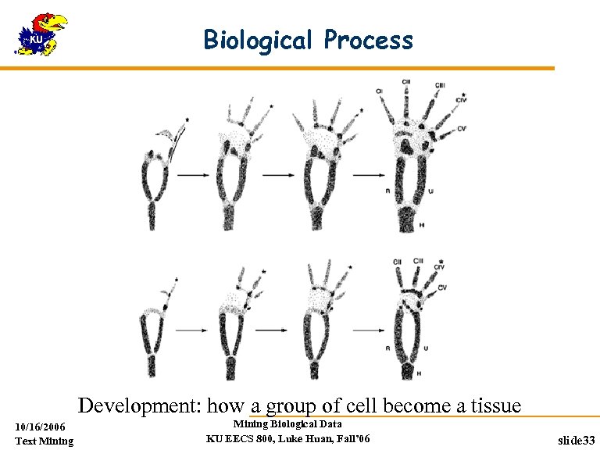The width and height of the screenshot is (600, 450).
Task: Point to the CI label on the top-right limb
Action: [x=379, y=92]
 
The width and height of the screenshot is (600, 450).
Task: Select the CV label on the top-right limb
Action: [x=462, y=129]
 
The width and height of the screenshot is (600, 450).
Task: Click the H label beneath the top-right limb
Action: [x=422, y=225]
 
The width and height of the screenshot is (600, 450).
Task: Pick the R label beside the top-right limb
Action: [x=388, y=190]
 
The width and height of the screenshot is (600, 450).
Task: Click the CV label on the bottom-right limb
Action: [x=442, y=288]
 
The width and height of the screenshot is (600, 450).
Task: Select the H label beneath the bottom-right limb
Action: [x=419, y=374]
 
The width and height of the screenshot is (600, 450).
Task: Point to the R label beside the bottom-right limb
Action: [x=388, y=347]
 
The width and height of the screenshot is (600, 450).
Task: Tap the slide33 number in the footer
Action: [x=577, y=441]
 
